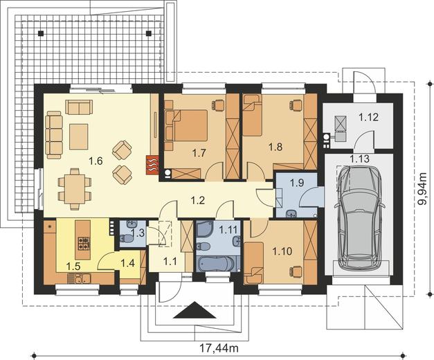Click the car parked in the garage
click(359, 218)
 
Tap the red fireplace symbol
click(152, 165)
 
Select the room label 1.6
click(96, 161)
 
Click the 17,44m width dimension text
click(219, 348)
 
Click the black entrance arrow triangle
click(195, 310)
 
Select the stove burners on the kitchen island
click(83, 244)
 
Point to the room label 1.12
click(368, 117)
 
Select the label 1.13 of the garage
click(359, 159)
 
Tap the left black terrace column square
click(41, 33)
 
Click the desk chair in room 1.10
click(296, 271)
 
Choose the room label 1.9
click(297, 183)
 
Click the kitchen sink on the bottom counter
click(79, 278)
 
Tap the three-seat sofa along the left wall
click(54, 135)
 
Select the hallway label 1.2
click(198, 200)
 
